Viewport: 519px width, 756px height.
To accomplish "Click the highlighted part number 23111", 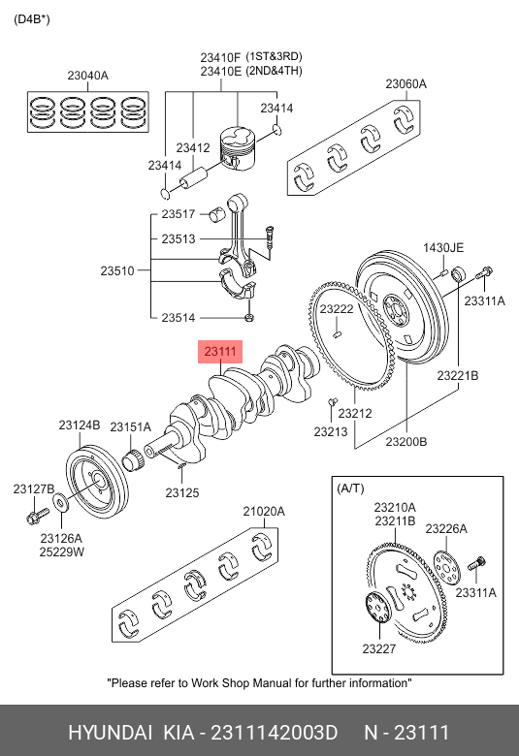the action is (220, 352).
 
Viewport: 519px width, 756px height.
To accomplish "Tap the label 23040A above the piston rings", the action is (88, 76).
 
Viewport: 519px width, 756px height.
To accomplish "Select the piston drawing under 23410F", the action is (237, 148).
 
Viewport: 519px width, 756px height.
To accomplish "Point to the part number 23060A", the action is (406, 84).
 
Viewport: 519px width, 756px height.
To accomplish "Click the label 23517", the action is (178, 213).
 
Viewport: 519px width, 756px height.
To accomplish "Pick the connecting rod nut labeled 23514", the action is (249, 317).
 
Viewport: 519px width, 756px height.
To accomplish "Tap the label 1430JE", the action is (443, 248).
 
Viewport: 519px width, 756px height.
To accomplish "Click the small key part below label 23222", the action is (338, 331).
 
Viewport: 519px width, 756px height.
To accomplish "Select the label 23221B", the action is (458, 375).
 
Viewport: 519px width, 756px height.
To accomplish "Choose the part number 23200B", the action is (406, 442).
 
